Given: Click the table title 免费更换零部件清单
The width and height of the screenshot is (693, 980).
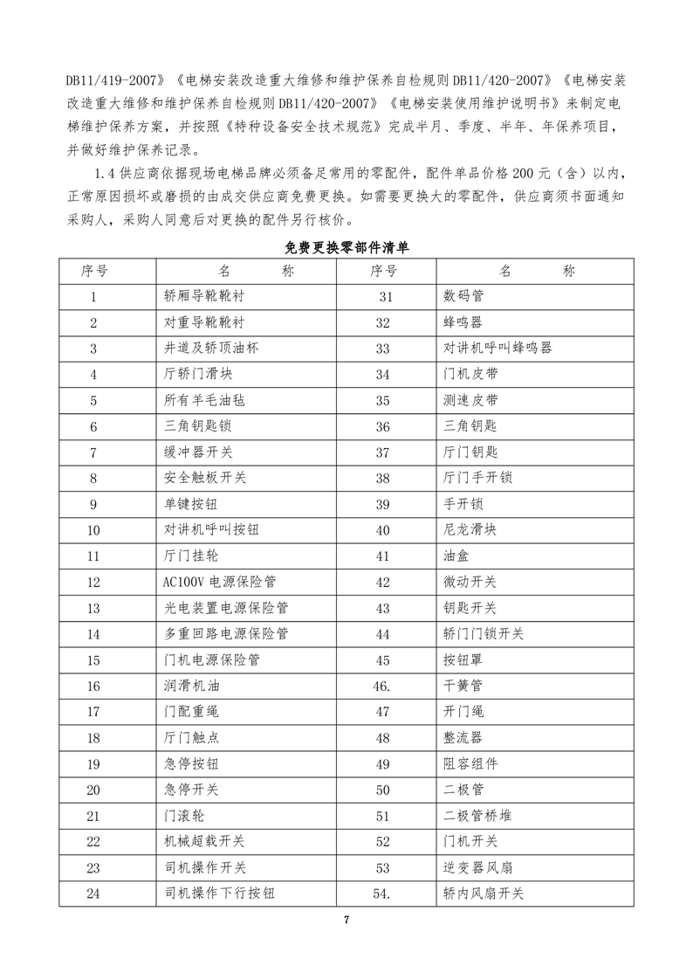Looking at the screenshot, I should point(346,248).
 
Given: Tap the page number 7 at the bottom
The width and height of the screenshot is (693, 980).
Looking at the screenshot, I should point(346,920).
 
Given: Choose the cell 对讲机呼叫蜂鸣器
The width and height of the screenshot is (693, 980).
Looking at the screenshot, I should point(498,348).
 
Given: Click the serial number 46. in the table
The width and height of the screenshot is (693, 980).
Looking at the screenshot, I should point(381,686).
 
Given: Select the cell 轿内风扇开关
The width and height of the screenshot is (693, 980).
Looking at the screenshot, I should point(484,894).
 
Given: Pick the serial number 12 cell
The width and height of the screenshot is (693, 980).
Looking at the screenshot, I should point(93,582).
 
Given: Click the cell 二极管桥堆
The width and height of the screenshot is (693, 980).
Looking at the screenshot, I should point(477,816).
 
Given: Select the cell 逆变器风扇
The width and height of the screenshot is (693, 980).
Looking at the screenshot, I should point(477,867).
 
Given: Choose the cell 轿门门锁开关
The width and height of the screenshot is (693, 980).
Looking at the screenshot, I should point(484,633).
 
